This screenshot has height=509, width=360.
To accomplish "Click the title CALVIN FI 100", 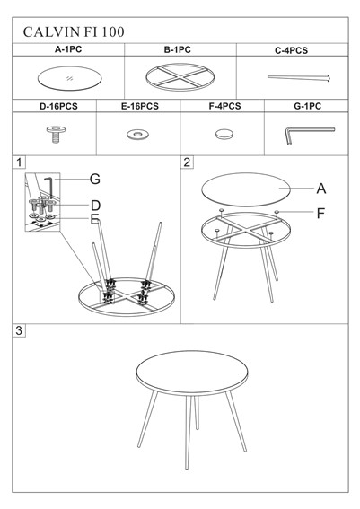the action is (x=74, y=31).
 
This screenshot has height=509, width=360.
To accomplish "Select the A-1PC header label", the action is (x=68, y=49).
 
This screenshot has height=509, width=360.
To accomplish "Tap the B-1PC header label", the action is (x=177, y=49).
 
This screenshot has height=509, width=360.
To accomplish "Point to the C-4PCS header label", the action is (x=291, y=50).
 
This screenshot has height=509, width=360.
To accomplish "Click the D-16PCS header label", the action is (x=58, y=106).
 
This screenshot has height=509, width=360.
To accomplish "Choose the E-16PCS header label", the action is (x=140, y=106).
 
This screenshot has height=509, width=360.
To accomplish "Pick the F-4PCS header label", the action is (x=224, y=106).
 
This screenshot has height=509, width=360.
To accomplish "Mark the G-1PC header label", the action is (x=307, y=106).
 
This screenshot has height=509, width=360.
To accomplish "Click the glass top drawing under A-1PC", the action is (x=69, y=79).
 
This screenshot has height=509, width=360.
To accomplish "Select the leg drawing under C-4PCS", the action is (x=299, y=78).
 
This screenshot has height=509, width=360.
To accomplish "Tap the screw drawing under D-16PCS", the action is (x=56, y=134).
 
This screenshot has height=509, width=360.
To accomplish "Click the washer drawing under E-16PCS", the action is (x=137, y=134).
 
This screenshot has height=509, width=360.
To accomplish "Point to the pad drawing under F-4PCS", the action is (x=224, y=134).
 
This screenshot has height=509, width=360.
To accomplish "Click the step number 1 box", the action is (x=19, y=162).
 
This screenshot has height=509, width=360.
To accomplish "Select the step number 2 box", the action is (x=187, y=162).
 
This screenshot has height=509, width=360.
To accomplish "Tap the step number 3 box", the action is (x=19, y=330).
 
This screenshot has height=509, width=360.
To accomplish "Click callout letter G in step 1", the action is (x=95, y=179).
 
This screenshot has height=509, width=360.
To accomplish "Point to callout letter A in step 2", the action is (x=321, y=189).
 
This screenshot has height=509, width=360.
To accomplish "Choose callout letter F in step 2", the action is (x=320, y=214).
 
